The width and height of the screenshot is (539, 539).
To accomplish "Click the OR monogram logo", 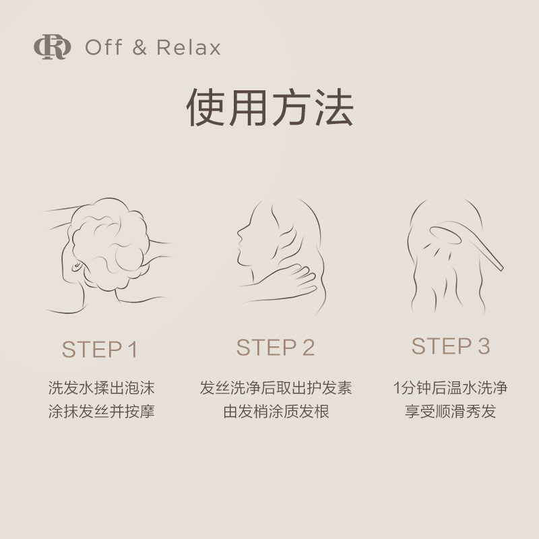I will tap(52, 48).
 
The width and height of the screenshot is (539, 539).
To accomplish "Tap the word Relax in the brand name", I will tap(189, 49).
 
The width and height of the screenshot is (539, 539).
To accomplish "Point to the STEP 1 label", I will tap(100, 350).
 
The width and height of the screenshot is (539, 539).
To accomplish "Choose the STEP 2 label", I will tap(276, 348).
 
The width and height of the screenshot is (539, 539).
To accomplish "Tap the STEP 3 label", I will tap(451, 346).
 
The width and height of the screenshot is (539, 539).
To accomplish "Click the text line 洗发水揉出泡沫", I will tap(101, 389).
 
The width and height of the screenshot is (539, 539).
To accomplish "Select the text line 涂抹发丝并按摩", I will tap(101, 411).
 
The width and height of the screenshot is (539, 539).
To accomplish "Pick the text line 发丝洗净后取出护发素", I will tap(276, 389).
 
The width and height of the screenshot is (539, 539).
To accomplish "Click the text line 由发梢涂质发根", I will tap(276, 411).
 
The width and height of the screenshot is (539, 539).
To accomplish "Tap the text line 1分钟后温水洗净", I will tap(451, 389).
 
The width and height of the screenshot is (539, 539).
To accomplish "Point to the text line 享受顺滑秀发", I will tap(451, 411).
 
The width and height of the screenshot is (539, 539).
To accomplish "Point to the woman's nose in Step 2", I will tap(238, 236).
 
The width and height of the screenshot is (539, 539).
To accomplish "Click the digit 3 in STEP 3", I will tap(482, 346).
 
